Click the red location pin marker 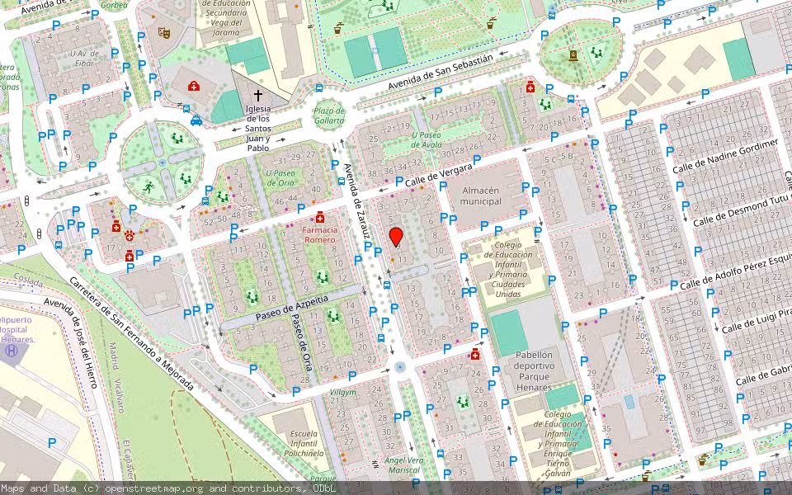[x=396, y=237]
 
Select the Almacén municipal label [x=481, y=196]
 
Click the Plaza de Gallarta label [x=329, y=116]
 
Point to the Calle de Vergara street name [x=438, y=174]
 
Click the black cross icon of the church [x=258, y=95]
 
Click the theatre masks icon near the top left [x=164, y=33]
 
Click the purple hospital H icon [x=12, y=351]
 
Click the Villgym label [x=343, y=392]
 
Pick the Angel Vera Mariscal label [x=404, y=465]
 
